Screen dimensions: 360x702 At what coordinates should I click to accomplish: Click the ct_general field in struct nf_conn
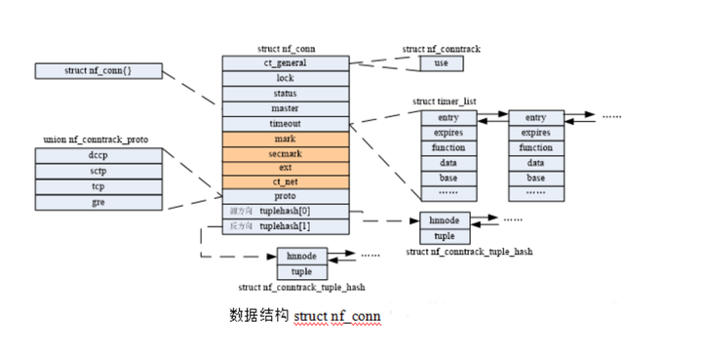(285, 62)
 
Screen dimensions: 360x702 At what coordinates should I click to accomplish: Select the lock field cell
(285, 78)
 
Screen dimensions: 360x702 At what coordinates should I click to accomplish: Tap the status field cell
(285, 94)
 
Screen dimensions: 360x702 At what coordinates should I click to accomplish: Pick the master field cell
(285, 108)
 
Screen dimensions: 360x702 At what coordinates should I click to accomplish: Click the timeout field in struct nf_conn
(285, 124)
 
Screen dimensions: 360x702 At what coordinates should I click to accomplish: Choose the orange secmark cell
(285, 153)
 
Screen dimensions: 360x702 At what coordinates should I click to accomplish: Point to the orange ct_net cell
(285, 182)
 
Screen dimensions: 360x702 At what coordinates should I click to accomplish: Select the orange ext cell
(285, 168)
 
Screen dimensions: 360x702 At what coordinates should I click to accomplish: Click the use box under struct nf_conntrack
(441, 63)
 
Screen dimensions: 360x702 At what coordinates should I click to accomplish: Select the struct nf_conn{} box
(98, 71)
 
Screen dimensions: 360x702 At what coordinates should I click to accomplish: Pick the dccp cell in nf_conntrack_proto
(98, 156)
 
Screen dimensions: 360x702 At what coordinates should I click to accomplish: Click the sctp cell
(98, 171)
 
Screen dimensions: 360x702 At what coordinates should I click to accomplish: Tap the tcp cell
(98, 186)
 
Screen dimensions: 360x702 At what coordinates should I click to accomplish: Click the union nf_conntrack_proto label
(98, 140)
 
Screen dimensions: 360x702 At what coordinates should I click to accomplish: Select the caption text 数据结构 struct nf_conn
(304, 316)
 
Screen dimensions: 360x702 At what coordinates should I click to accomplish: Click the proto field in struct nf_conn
(285, 196)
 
